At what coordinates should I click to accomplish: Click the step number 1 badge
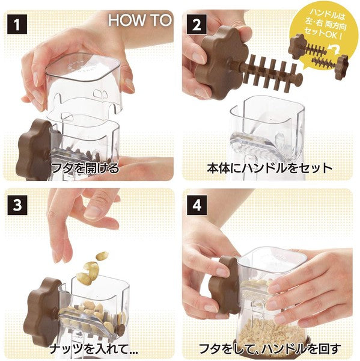coord(17,24)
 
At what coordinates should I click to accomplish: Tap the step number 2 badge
coord(197,24)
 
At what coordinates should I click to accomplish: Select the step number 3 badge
coord(17,205)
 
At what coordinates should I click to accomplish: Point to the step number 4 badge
coord(197,205)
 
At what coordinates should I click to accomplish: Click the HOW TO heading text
coord(140,20)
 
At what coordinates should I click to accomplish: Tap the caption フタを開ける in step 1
coord(85,168)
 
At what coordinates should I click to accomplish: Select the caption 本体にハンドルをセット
coord(270,168)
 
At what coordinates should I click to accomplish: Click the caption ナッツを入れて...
coord(94,349)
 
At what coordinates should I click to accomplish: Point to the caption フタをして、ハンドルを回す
coord(270,349)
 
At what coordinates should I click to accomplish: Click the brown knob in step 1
coord(33,150)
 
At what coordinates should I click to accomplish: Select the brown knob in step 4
coord(224,285)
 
